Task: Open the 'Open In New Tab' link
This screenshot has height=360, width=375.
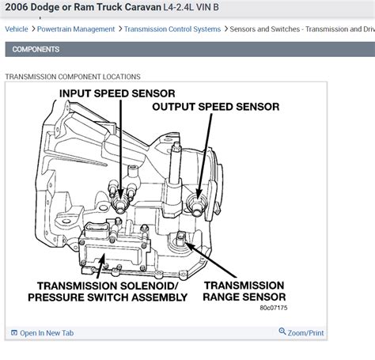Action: coord(48,332)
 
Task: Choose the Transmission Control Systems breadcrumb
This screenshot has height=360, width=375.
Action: coord(174,29)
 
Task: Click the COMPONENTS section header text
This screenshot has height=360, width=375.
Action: coord(36,49)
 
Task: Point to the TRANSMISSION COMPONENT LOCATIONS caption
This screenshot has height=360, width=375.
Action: coord(73,77)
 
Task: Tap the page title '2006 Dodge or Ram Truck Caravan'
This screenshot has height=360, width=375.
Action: coord(95,9)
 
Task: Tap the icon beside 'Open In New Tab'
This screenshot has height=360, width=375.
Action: coord(13,332)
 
